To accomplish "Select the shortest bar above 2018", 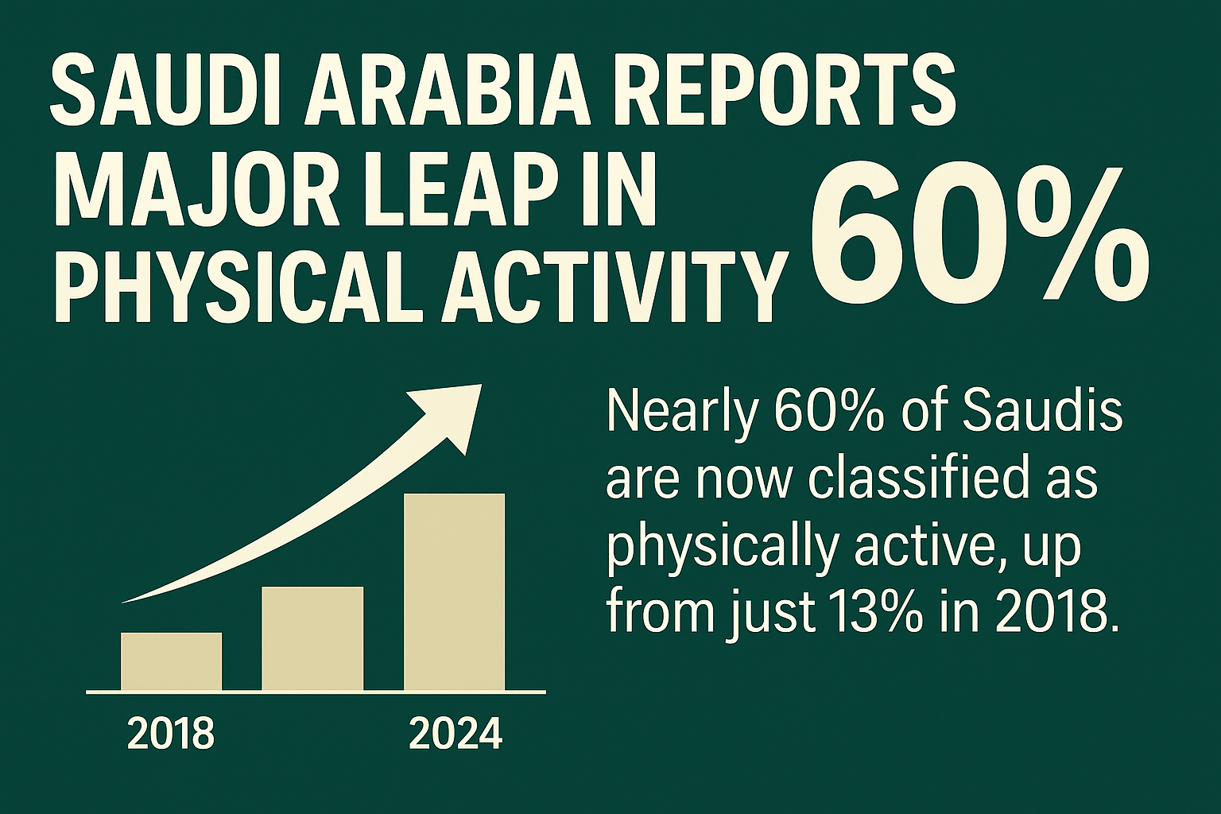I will coord(171,661).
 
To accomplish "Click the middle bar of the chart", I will coord(312,638).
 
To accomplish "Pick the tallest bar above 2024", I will coord(454,592).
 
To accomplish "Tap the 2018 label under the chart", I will coord(171,734).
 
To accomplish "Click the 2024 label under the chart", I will coord(455,734).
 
